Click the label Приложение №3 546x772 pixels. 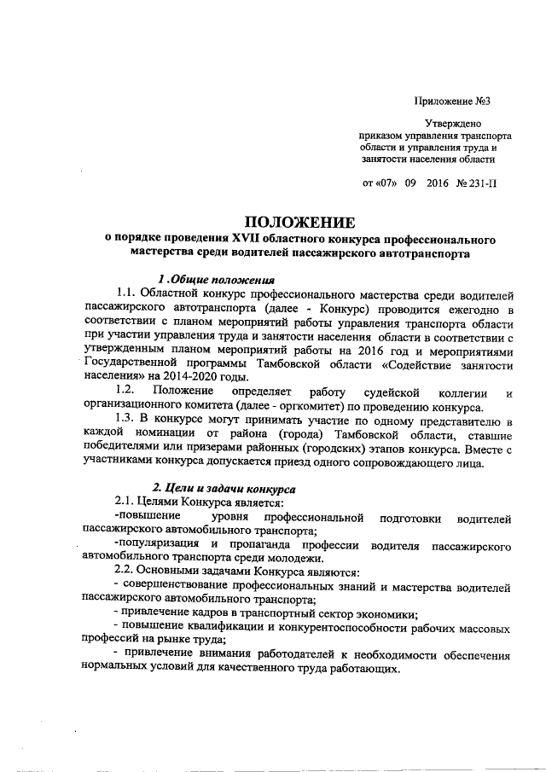coord(451,102)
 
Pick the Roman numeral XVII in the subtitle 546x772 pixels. coord(246,238)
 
